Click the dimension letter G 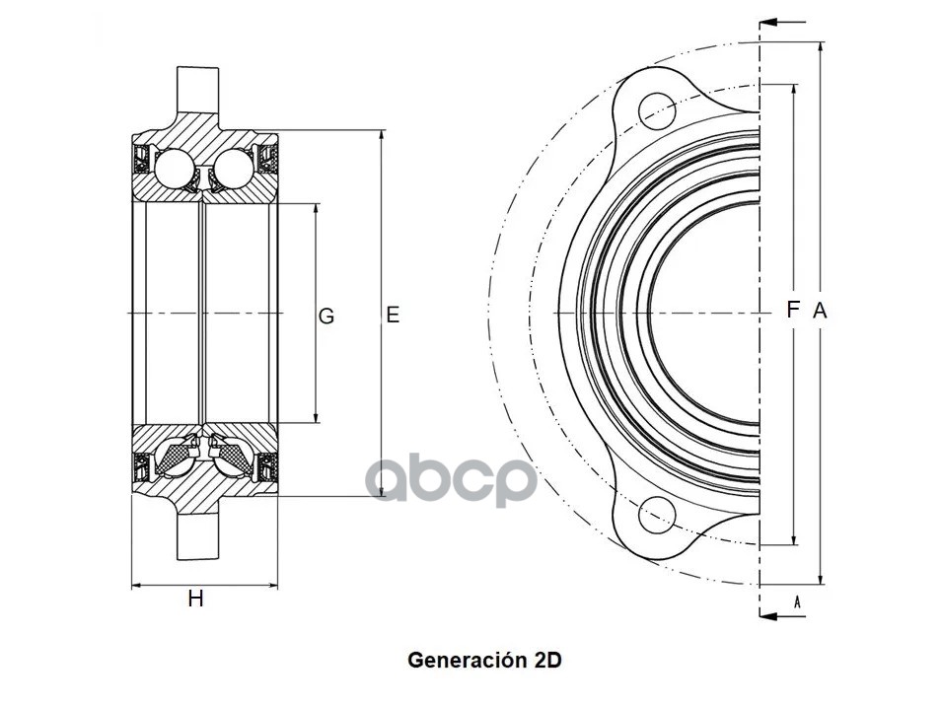pyautogui.click(x=326, y=317)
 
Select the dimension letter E pyautogui.click(x=393, y=316)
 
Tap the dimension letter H pyautogui.click(x=196, y=599)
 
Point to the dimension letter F pyautogui.click(x=792, y=310)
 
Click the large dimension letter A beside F pyautogui.click(x=820, y=311)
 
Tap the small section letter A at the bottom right pyautogui.click(x=796, y=600)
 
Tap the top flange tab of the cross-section pyautogui.click(x=197, y=92)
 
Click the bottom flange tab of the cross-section pyautogui.click(x=197, y=537)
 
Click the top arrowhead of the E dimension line pyautogui.click(x=381, y=135)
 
